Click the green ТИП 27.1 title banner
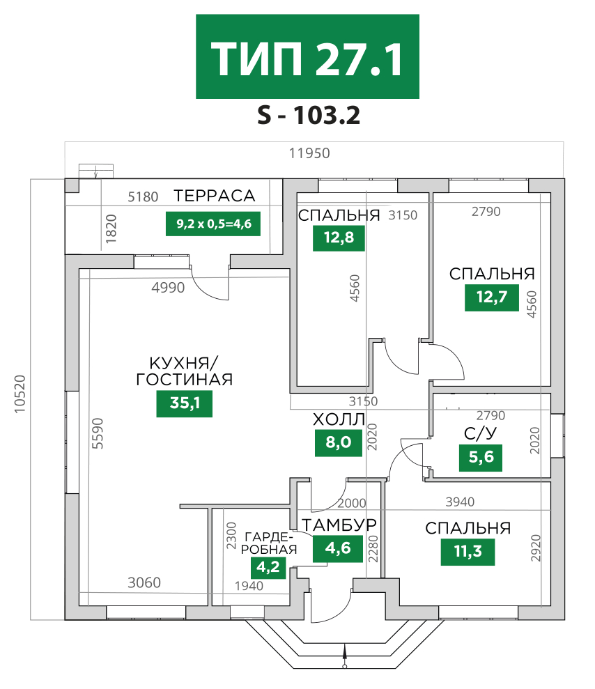(x=307, y=56)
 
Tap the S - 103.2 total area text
(x=309, y=115)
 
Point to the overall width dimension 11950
(x=309, y=153)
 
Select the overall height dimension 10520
(x=20, y=394)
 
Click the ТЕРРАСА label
(x=215, y=196)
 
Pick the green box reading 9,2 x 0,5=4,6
(x=213, y=224)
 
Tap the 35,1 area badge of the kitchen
(x=185, y=403)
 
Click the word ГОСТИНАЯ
(x=185, y=379)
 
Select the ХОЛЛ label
(x=339, y=419)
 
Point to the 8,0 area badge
(x=339, y=442)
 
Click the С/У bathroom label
(x=480, y=434)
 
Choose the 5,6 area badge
(x=481, y=458)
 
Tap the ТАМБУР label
(x=339, y=525)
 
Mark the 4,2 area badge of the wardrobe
(x=268, y=567)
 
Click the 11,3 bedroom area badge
(x=467, y=551)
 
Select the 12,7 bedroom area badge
(x=492, y=297)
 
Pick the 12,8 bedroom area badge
(x=339, y=238)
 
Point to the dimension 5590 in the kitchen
(x=98, y=433)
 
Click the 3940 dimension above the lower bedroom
(x=460, y=502)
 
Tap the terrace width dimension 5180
(x=143, y=197)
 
